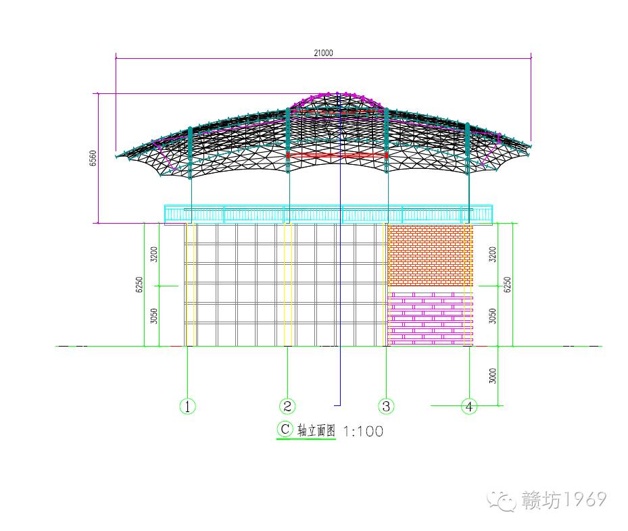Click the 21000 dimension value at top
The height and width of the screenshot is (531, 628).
(x=324, y=53)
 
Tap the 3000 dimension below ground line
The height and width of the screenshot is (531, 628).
(x=493, y=376)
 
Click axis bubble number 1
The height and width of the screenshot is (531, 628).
(x=187, y=406)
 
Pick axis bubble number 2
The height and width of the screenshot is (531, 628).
(x=287, y=406)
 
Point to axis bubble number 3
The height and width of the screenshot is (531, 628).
(x=386, y=406)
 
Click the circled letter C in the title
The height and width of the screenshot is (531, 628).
(x=285, y=429)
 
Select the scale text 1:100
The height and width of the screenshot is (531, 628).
(x=363, y=431)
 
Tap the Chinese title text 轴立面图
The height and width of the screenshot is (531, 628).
(x=316, y=432)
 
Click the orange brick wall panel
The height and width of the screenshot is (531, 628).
(x=430, y=255)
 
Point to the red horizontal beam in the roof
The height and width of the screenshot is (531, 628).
(x=337, y=155)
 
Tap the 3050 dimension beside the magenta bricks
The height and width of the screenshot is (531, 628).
(x=493, y=315)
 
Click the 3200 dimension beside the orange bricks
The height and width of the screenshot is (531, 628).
(x=493, y=255)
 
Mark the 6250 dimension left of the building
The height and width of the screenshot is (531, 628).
(x=139, y=284)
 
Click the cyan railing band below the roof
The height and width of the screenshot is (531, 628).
(x=329, y=214)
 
